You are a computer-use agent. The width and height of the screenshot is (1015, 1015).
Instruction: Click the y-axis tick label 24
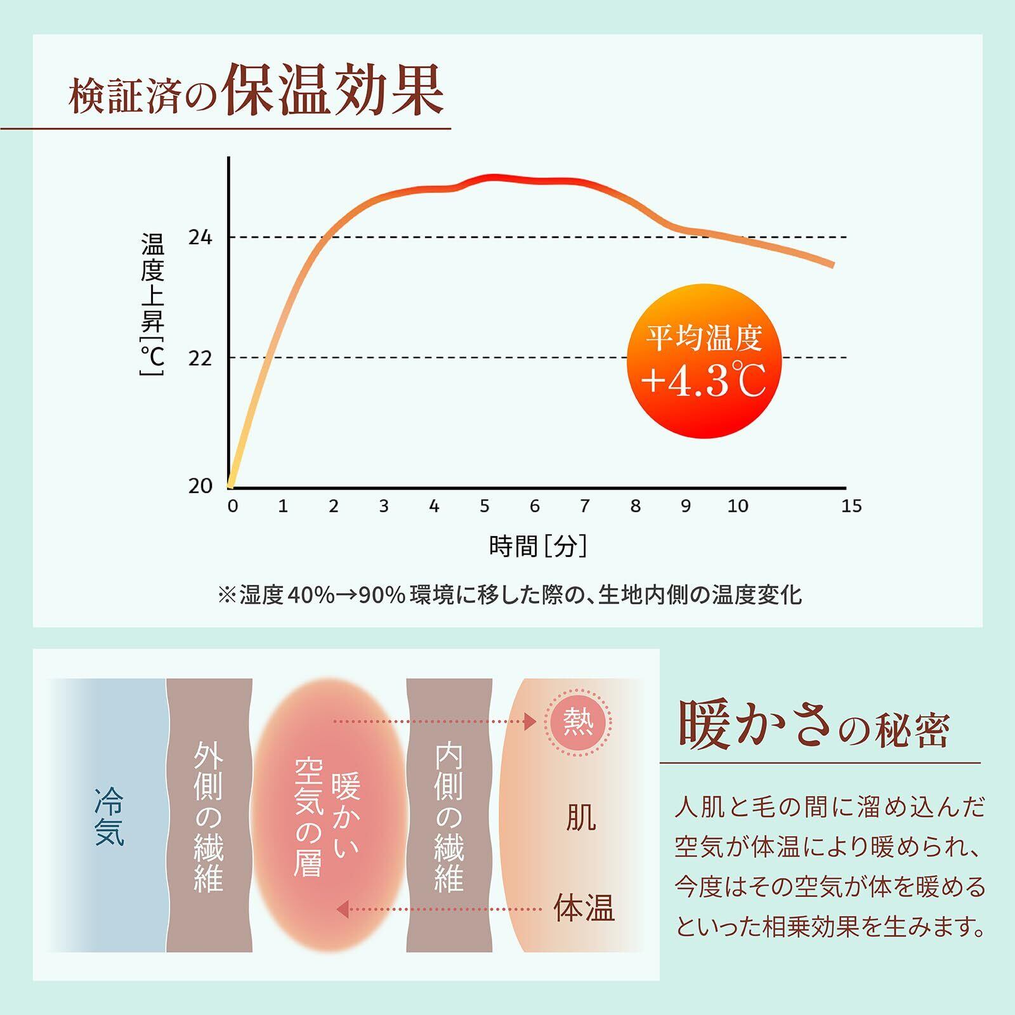(200, 237)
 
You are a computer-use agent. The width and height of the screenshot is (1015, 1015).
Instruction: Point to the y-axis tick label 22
(200, 358)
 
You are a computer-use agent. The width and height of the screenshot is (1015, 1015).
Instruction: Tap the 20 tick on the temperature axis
(200, 486)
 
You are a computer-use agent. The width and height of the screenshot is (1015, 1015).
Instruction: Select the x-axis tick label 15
(851, 506)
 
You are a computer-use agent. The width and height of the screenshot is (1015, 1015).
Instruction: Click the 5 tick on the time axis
(485, 506)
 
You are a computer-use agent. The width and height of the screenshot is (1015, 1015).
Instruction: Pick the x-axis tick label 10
(737, 506)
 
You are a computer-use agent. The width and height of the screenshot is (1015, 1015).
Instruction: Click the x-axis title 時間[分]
(538, 546)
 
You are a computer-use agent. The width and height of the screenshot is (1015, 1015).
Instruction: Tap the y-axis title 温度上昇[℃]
(152, 304)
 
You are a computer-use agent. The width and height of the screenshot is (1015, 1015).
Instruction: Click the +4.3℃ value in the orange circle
(703, 381)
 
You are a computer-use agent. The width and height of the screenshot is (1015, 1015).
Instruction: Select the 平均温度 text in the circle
(703, 337)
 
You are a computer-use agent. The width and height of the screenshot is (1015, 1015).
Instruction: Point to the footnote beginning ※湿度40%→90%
(509, 595)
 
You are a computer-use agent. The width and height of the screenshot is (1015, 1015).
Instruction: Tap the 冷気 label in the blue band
(109, 816)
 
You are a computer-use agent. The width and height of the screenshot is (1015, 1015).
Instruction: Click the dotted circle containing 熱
(579, 722)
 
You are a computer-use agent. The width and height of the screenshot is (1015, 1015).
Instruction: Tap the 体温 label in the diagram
(584, 908)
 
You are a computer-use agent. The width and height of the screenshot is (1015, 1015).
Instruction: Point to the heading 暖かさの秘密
(814, 726)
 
